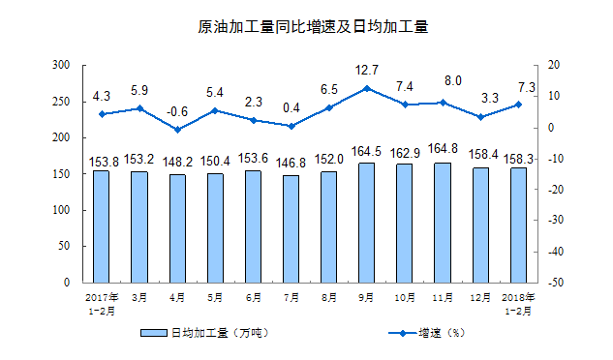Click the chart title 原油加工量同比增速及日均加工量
click(306, 28)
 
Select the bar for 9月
click(366, 223)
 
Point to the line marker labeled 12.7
click(366, 88)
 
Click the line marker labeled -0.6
click(177, 130)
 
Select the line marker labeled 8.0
click(443, 103)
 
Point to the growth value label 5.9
click(139, 91)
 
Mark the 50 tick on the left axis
click(65, 246)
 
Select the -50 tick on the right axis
click(557, 283)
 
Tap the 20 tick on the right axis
click(554, 65)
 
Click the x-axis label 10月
click(405, 298)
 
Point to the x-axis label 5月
click(215, 298)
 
